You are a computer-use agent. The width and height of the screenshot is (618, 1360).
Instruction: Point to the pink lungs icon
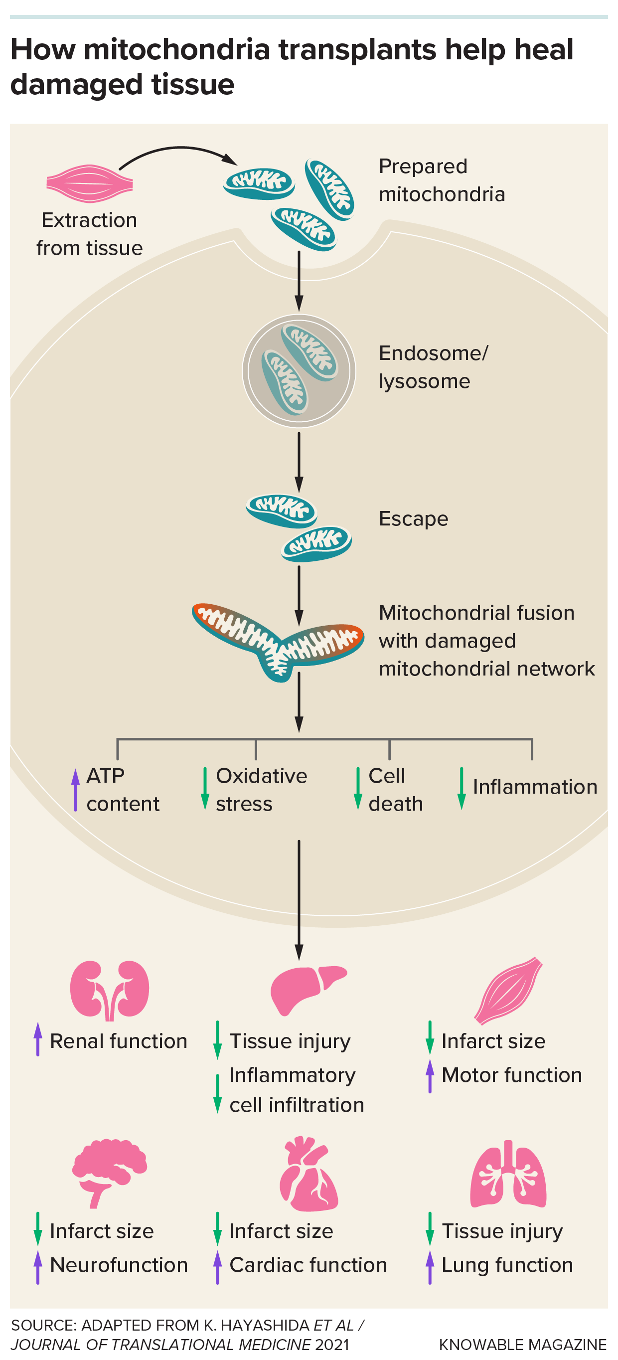[x=508, y=1175]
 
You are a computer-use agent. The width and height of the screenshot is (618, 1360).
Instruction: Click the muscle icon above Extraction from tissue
[x=89, y=183]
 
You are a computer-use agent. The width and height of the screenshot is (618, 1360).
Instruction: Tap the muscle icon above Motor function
[x=508, y=990]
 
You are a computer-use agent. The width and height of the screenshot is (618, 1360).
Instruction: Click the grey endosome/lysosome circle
[x=299, y=370]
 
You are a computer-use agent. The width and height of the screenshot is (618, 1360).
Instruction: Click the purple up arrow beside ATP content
[x=75, y=789]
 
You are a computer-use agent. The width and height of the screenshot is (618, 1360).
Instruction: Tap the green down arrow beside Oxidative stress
[x=205, y=789]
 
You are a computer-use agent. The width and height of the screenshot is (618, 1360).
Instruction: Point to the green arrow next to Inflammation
[x=461, y=788]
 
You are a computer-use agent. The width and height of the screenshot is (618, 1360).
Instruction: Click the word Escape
[x=413, y=519]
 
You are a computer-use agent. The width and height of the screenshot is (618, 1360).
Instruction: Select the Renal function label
[x=118, y=1041]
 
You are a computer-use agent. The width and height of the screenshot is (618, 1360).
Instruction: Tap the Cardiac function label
[x=308, y=1265]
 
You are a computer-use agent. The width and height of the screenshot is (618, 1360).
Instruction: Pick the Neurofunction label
[x=119, y=1265]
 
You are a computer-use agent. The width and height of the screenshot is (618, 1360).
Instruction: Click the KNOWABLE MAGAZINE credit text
[x=522, y=1345]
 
